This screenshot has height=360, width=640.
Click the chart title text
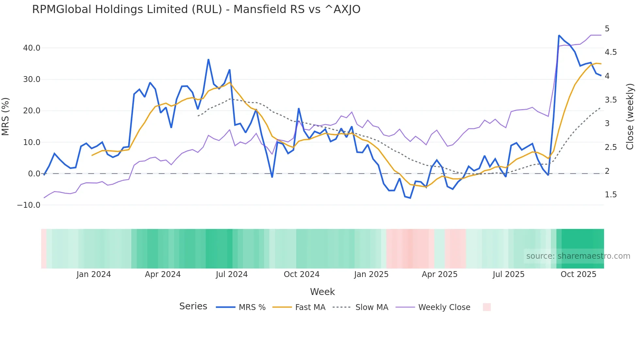(196, 9)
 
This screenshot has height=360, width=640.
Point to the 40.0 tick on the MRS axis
(32, 48)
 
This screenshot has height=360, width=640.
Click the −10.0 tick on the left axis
(29, 205)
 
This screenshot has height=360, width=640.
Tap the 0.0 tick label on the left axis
(34, 174)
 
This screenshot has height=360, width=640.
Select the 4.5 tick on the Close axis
(611, 52)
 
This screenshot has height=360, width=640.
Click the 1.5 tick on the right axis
(611, 195)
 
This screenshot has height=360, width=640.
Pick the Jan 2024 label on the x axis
(94, 274)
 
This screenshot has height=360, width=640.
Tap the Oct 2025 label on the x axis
(578, 274)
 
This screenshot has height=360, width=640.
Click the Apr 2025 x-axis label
(440, 274)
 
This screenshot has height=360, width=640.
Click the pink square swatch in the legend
(487, 307)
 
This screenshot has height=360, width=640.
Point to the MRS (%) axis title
(6, 116)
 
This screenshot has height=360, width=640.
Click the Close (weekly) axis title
(630, 116)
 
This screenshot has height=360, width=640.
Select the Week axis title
(322, 292)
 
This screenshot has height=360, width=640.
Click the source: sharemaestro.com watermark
(578, 256)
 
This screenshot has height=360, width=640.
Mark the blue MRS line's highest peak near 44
(559, 35)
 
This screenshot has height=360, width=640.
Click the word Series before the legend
(193, 306)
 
